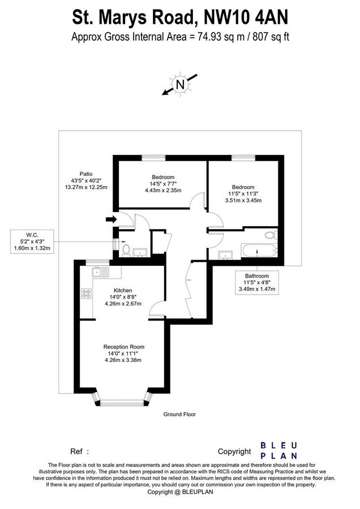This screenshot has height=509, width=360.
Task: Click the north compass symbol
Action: click(181, 85)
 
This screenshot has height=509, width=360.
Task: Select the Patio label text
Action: click(85, 174)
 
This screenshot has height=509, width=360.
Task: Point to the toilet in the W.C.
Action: click(126, 249)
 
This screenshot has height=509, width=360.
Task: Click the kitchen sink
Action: click(102, 272)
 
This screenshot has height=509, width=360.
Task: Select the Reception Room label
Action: click(123, 347)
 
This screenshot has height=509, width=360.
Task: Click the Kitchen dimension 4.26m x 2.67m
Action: click(123, 304)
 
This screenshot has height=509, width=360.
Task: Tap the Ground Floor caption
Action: click(179, 414)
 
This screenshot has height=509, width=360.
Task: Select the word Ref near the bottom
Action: click(76, 452)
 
